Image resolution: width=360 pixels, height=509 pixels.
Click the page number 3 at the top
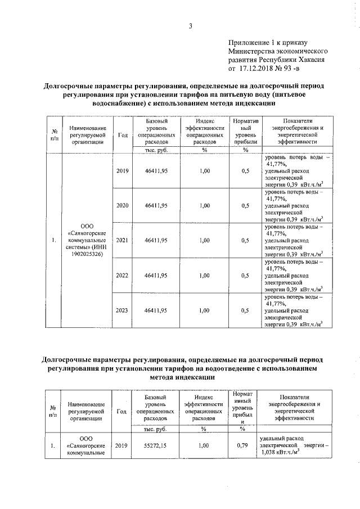[191, 26]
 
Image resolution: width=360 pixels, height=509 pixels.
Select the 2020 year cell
[122, 205]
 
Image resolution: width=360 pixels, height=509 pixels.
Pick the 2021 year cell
[122, 241]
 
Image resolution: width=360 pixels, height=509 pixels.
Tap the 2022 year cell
[122, 276]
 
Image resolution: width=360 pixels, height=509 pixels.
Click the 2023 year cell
[122, 310]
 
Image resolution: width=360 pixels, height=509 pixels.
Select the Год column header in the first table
[123, 135]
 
